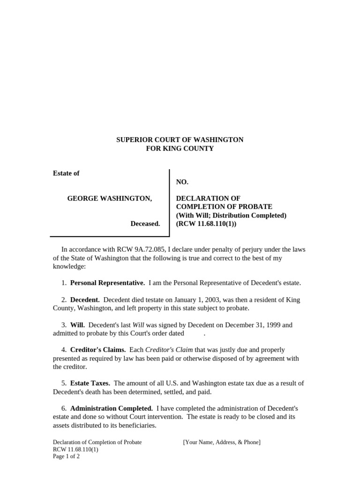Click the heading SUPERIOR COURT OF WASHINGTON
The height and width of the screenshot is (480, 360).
(x=180, y=140)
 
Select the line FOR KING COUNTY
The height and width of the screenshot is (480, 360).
(x=180, y=149)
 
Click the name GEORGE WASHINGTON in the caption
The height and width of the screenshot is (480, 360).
(x=109, y=199)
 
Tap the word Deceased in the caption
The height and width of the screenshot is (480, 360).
(x=145, y=224)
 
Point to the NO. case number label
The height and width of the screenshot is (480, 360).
(x=182, y=182)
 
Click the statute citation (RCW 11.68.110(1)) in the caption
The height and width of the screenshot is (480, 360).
(x=206, y=224)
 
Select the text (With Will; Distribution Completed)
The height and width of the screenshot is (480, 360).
(x=231, y=215)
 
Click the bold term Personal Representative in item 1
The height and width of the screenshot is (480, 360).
(x=107, y=283)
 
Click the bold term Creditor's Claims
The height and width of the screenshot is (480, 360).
(x=98, y=350)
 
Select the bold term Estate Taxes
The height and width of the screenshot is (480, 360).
(x=90, y=383)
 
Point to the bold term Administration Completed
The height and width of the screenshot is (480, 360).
(x=112, y=408)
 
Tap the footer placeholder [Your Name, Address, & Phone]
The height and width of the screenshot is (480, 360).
(x=222, y=442)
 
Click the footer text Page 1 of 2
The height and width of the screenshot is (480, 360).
(x=66, y=456)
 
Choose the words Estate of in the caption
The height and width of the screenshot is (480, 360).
(x=66, y=173)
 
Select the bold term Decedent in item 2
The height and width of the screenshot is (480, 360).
(x=85, y=300)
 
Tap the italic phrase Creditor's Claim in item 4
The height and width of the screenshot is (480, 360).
(x=169, y=350)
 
